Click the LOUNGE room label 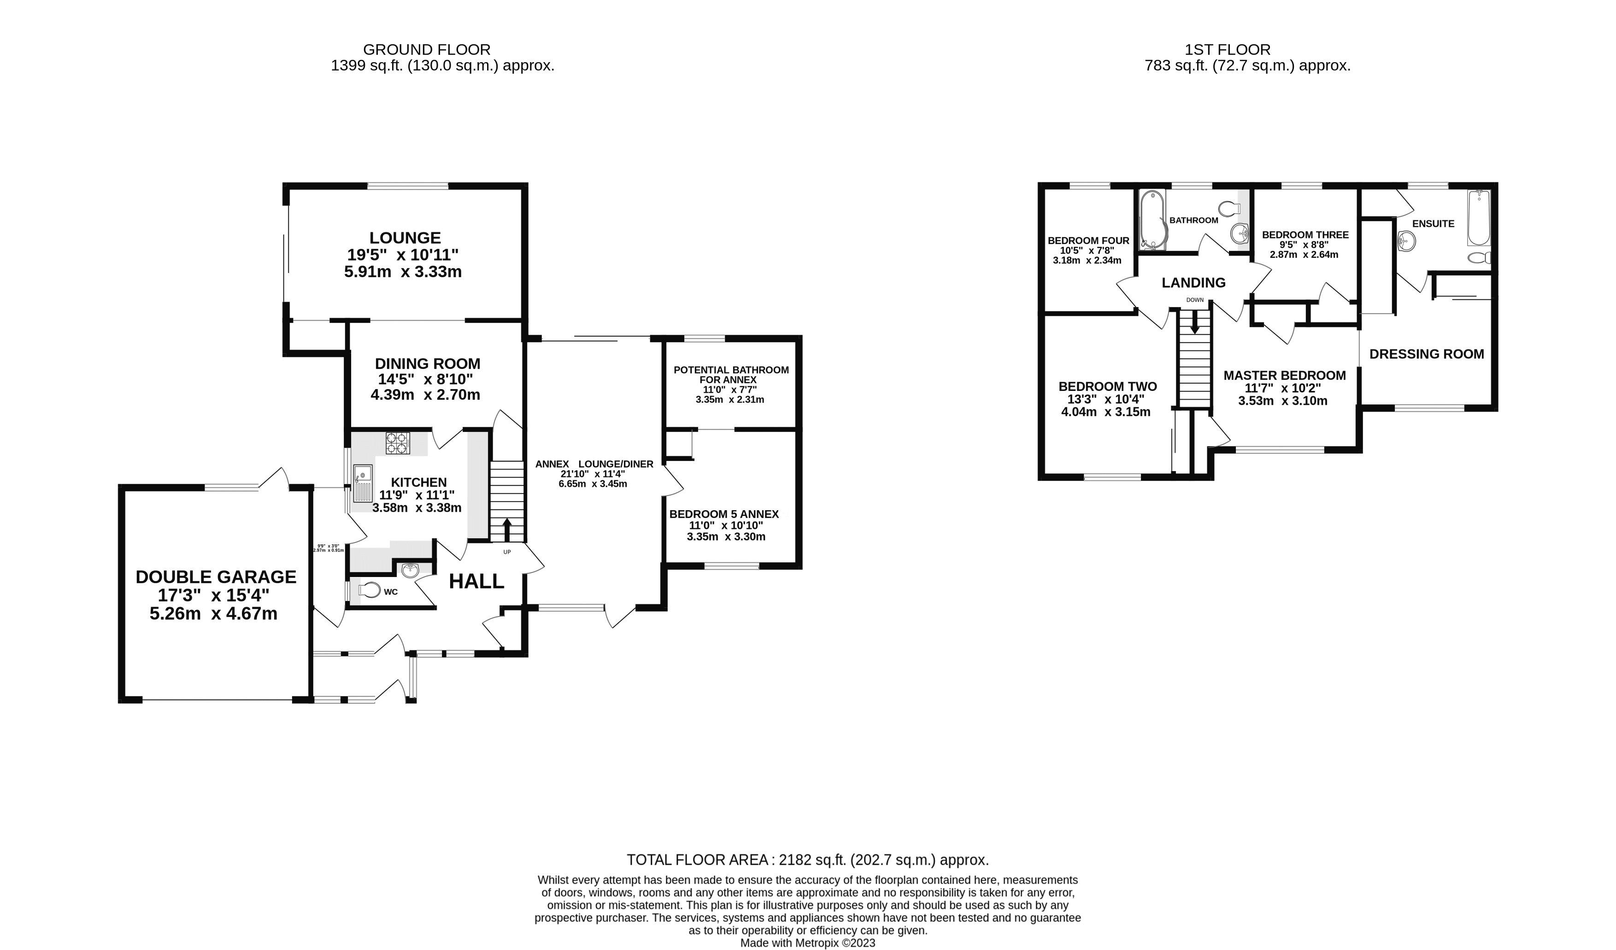coord(405,238)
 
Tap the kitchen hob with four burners coord(397,443)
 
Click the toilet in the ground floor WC coord(370,589)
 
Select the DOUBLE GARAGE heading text coord(216,577)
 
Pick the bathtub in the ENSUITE coord(1479,218)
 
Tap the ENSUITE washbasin coord(1406,242)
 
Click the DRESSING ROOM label coord(1426,354)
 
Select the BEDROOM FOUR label coord(1088,241)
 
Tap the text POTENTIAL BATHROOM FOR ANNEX coord(730,374)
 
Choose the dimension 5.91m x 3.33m coord(403,272)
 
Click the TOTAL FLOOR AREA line coord(807,860)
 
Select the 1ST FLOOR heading coord(1227,49)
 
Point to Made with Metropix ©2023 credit coord(807,943)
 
